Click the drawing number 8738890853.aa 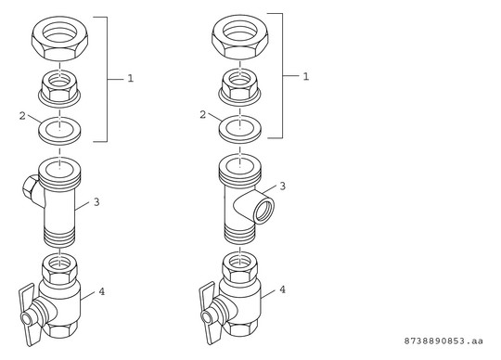click(x=443, y=341)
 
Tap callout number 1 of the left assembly click(x=131, y=78)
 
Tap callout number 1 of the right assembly click(x=306, y=77)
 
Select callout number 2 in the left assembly click(x=22, y=116)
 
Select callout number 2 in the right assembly click(x=203, y=115)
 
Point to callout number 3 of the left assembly click(x=96, y=202)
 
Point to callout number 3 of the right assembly click(x=282, y=186)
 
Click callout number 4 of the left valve click(x=102, y=291)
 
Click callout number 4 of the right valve click(x=282, y=289)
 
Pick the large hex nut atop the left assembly click(x=59, y=39)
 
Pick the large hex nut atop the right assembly click(x=240, y=37)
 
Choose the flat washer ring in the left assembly click(x=59, y=131)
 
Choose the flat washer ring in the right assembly click(x=240, y=129)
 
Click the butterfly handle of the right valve click(x=210, y=313)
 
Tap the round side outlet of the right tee click(x=263, y=210)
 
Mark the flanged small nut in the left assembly click(x=59, y=88)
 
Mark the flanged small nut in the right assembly click(x=240, y=87)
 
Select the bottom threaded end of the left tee click(x=59, y=236)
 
